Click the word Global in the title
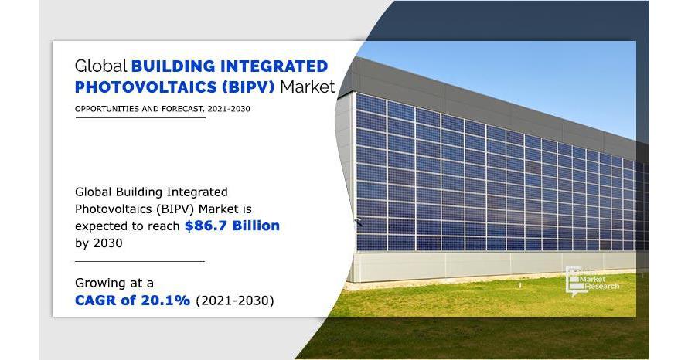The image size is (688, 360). [101, 66]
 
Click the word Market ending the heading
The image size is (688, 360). [308, 87]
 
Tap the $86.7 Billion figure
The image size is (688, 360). [232, 226]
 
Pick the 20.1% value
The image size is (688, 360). [165, 300]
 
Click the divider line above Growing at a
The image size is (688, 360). [139, 261]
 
